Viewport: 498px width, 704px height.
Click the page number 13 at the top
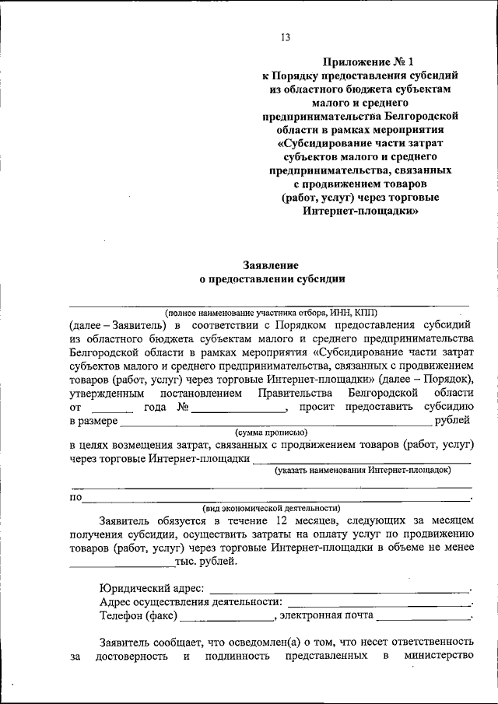coord(286,37)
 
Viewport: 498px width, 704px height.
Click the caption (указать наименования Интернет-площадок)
coord(363,471)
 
